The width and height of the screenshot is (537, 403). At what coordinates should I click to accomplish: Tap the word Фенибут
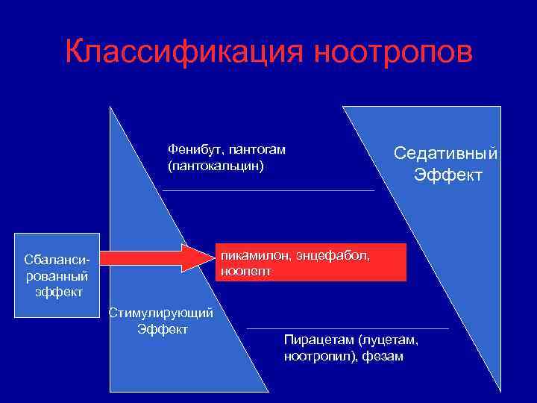point(191,149)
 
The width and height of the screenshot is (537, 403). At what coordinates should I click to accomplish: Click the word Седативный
point(446,154)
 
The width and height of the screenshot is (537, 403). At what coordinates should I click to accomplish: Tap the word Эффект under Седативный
point(448,175)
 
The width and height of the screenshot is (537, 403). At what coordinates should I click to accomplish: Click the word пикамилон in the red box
point(254,256)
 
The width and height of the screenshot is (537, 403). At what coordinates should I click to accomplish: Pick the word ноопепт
point(245,271)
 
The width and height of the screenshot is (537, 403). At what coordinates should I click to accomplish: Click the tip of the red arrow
point(210,258)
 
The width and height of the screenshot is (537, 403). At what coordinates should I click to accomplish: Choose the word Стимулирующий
point(162,313)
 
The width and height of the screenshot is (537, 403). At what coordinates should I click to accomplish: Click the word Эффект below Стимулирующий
point(163,329)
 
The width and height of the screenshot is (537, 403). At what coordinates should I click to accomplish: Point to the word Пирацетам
point(318,340)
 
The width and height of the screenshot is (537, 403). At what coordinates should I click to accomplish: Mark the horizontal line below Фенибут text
point(268,191)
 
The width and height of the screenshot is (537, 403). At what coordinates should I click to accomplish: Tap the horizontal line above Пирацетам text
point(348,328)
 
